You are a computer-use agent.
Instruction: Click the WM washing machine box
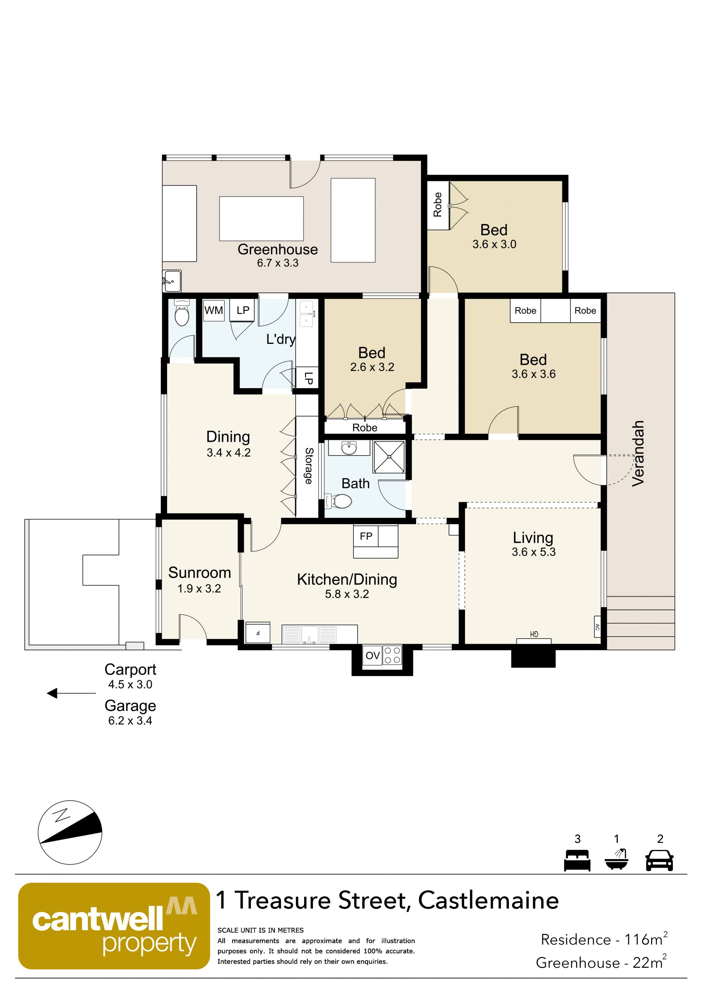[x=214, y=310]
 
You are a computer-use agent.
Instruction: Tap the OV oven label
[x=372, y=656]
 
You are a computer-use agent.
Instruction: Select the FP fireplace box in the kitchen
[x=366, y=536]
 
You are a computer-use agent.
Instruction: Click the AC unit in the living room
[x=597, y=627]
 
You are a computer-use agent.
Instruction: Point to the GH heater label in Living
[x=534, y=635]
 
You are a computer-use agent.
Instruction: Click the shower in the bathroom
[x=389, y=457]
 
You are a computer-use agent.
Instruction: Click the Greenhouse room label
[x=278, y=249]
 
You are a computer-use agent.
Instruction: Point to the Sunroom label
[x=199, y=573]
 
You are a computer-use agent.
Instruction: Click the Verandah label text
[x=638, y=453]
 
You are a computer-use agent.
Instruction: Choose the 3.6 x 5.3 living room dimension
[x=533, y=552]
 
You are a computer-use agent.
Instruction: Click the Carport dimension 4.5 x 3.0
[x=130, y=684]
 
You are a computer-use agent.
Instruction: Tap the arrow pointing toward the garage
[x=71, y=693]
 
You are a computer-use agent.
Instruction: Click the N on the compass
[x=61, y=815]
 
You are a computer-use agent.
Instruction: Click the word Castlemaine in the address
[x=488, y=900]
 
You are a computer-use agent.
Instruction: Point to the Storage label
[x=309, y=466]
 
